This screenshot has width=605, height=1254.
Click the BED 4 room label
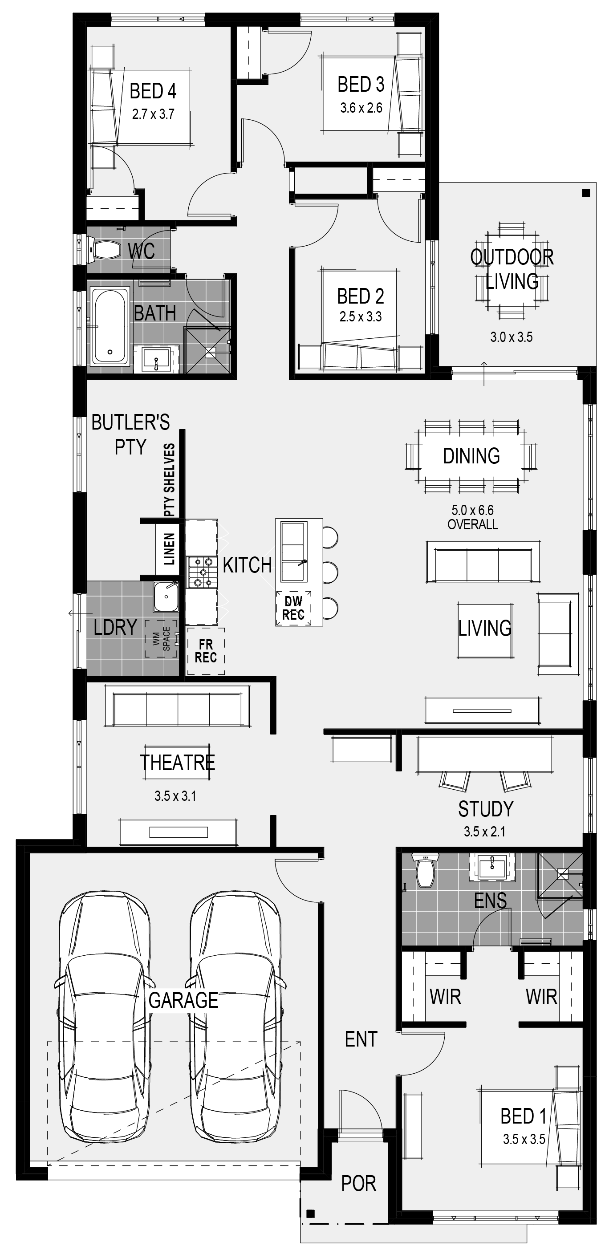153,91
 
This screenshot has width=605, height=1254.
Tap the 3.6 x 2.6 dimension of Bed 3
361,108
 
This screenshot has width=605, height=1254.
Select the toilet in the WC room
104,250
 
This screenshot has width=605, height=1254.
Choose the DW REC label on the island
293,608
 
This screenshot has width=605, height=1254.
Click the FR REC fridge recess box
206,651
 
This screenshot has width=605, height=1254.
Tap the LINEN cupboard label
169,548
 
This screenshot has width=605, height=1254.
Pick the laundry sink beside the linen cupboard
166,597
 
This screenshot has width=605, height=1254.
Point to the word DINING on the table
471,456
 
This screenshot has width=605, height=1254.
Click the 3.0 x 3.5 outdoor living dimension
511,337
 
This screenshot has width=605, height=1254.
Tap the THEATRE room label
177,763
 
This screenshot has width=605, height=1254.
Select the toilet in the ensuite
426,870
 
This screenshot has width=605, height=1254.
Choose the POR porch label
359,1183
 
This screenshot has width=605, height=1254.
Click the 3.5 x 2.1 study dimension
484,832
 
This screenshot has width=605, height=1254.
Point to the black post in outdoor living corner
585,193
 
